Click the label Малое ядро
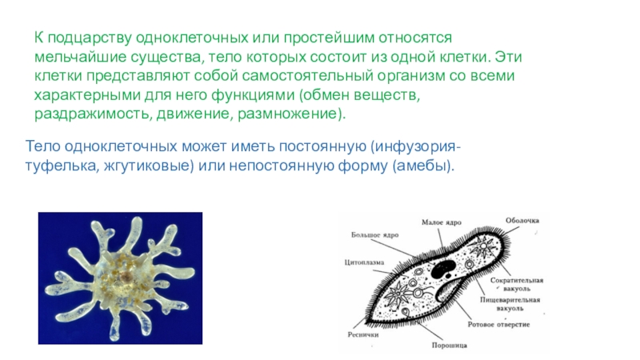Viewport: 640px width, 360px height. coord(442,222)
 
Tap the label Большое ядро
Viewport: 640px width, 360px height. coord(374,235)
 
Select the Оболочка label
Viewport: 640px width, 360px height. coord(522,221)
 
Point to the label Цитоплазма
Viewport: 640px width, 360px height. coord(364,262)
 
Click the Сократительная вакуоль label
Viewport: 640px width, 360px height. coord(516,285)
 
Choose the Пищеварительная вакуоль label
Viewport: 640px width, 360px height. coord(510,304)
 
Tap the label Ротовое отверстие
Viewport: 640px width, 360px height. coord(498,325)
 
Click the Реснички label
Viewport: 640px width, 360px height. coord(363,334)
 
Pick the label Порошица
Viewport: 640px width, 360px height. coord(449,346)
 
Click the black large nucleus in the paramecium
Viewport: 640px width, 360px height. coord(443,269)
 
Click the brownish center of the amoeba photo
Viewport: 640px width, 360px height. coord(126,277)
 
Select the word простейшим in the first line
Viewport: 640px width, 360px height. coord(329,38)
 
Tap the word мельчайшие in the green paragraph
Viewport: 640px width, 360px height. coord(81,57)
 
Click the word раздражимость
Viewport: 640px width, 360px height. coord(93,114)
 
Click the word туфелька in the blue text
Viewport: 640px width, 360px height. coord(62,166)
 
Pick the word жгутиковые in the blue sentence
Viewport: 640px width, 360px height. coord(146,166)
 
